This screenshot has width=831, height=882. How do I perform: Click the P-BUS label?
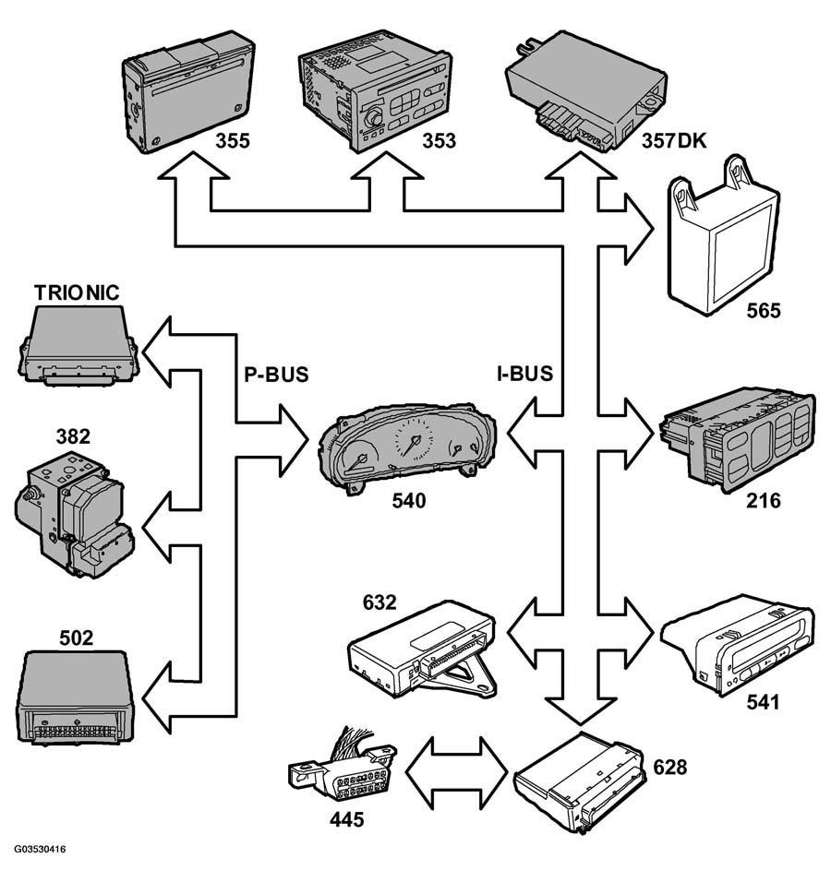(276, 374)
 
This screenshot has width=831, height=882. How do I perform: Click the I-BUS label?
(524, 374)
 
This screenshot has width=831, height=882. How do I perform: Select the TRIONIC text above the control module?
(77, 292)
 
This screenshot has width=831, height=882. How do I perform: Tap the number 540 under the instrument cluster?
(409, 501)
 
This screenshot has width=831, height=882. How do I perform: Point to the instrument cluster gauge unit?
(407, 447)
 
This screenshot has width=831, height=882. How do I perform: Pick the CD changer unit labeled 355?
(188, 91)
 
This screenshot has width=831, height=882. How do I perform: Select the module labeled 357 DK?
(585, 90)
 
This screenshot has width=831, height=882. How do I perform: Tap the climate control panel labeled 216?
(738, 440)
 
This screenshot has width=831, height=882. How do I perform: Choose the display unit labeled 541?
(738, 644)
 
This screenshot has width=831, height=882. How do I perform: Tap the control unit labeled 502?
(76, 697)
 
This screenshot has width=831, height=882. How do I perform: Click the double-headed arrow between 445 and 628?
(456, 772)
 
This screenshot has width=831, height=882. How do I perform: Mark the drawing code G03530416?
(40, 849)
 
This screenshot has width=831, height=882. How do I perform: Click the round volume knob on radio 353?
(373, 119)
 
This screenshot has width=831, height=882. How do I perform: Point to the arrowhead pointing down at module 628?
(580, 711)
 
